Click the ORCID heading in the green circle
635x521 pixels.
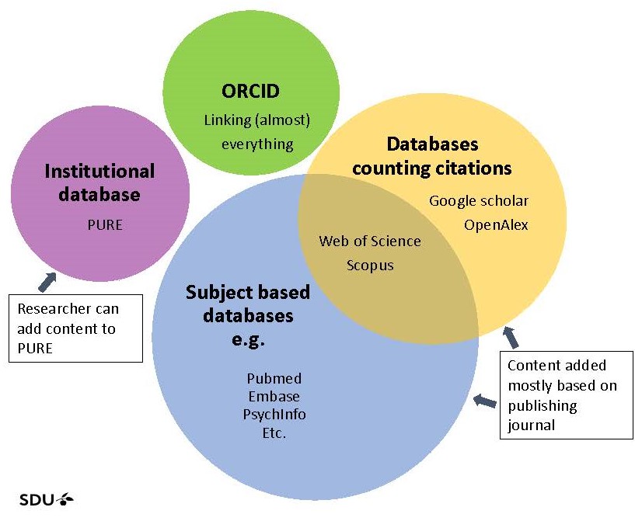click(250, 91)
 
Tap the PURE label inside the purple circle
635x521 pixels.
click(105, 225)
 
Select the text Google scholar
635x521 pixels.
click(479, 201)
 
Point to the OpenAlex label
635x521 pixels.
click(496, 225)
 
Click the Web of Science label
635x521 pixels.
click(370, 241)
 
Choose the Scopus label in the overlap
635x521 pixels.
click(370, 266)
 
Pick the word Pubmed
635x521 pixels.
click(274, 379)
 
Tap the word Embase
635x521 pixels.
click(274, 397)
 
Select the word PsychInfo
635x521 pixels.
click(274, 415)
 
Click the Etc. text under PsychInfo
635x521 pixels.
click(274, 433)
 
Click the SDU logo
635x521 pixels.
click(46, 500)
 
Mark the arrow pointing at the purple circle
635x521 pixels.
click(47, 282)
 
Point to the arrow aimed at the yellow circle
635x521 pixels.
click(511, 337)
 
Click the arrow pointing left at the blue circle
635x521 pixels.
click(485, 401)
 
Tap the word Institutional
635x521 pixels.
click(99, 171)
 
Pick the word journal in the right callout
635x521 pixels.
click(531, 425)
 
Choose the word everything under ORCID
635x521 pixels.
click(257, 144)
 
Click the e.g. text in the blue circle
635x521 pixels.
click(248, 339)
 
